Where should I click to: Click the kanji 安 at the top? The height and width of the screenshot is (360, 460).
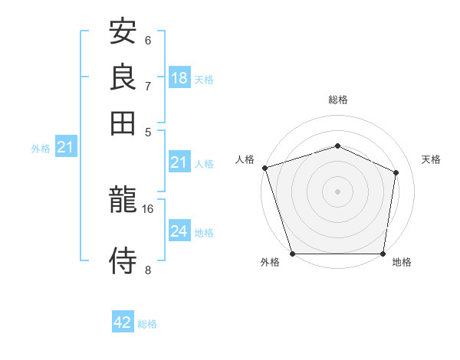pos(123,32)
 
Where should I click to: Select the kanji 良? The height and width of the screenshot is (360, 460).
pos(123,77)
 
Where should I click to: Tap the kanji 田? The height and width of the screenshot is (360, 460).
pos(123,122)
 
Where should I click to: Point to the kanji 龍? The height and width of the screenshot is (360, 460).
pos(123,201)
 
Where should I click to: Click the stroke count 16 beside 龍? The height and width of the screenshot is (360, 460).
pos(148,208)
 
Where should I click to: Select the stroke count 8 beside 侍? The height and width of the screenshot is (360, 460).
pos(148,269)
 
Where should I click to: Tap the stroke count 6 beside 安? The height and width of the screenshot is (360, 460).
pos(148,40)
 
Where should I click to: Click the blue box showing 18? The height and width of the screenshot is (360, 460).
pos(179,78)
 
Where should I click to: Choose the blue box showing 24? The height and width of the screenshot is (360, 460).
pos(179,231)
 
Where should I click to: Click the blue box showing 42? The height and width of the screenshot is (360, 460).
pos(123,322)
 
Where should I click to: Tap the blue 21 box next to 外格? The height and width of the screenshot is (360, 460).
pos(65,147)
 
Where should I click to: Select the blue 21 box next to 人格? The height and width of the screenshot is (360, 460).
pos(179,162)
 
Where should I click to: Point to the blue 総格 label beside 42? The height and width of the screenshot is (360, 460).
pos(147,324)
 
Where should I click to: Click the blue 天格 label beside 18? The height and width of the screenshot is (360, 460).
pos(204,79)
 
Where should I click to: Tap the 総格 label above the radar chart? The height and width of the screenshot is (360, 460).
pos(337,100)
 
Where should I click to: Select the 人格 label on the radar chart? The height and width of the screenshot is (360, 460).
pos(245,159)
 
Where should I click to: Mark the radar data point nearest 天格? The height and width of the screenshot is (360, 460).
pos(396,172)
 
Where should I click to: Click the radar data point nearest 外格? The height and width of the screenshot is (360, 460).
pos(293,254)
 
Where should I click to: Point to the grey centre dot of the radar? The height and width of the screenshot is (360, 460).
pos(337,191)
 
